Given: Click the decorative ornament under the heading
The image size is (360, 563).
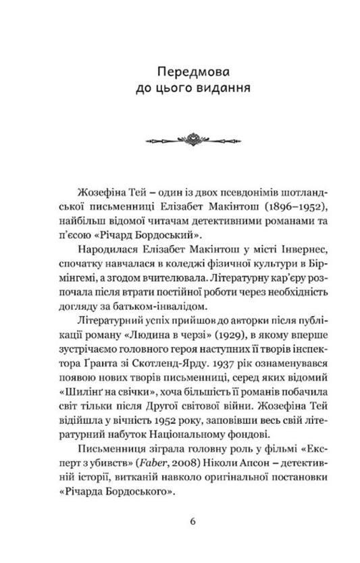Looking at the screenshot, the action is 180,140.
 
